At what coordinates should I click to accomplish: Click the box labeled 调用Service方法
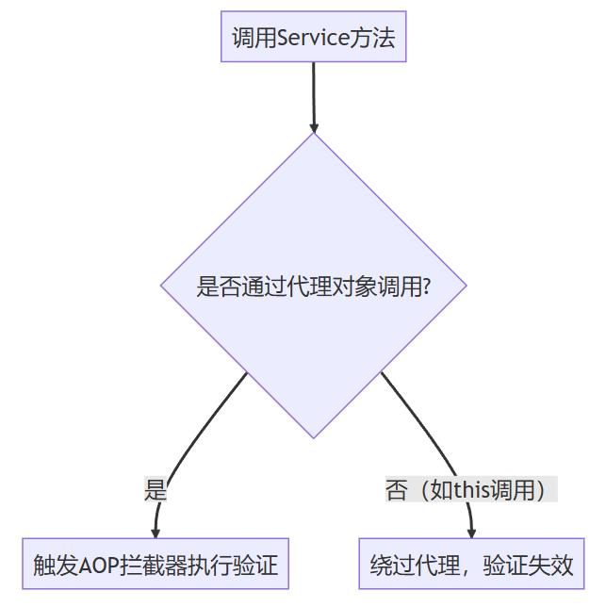pyautogui.click(x=313, y=38)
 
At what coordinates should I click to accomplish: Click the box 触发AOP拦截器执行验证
pyautogui.click(x=156, y=565)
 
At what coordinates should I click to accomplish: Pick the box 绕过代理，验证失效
pyautogui.click(x=471, y=565)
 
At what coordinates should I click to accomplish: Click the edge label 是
pyautogui.click(x=156, y=490)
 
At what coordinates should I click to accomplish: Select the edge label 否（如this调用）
pyautogui.click(x=471, y=490)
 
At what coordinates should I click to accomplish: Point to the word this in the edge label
pyautogui.click(x=473, y=490)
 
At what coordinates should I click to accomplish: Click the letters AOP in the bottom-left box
pyautogui.click(x=97, y=566)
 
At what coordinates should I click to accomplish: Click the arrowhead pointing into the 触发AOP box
pyautogui.click(x=156, y=533)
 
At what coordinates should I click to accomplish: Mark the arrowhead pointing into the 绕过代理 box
pyautogui.click(x=471, y=533)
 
